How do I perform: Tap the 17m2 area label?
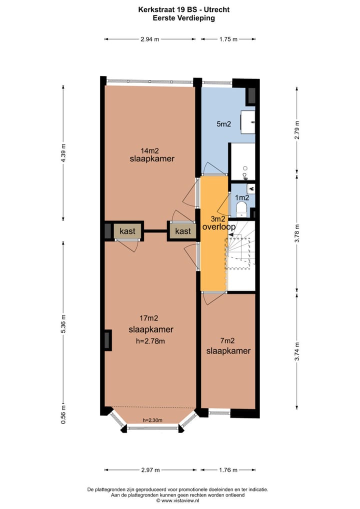pyautogui.click(x=149, y=318)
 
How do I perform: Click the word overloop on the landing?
pyautogui.click(x=219, y=226)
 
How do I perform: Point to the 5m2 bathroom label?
pyautogui.click(x=223, y=124)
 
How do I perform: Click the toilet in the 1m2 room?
pyautogui.click(x=242, y=208)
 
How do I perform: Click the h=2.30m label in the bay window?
pyautogui.click(x=152, y=420)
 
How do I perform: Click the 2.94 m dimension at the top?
pyautogui.click(x=149, y=39)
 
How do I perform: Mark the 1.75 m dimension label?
pyautogui.click(x=228, y=39)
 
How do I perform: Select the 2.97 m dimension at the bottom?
pyautogui.click(x=150, y=470)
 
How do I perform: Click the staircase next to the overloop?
pyautogui.click(x=241, y=255)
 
